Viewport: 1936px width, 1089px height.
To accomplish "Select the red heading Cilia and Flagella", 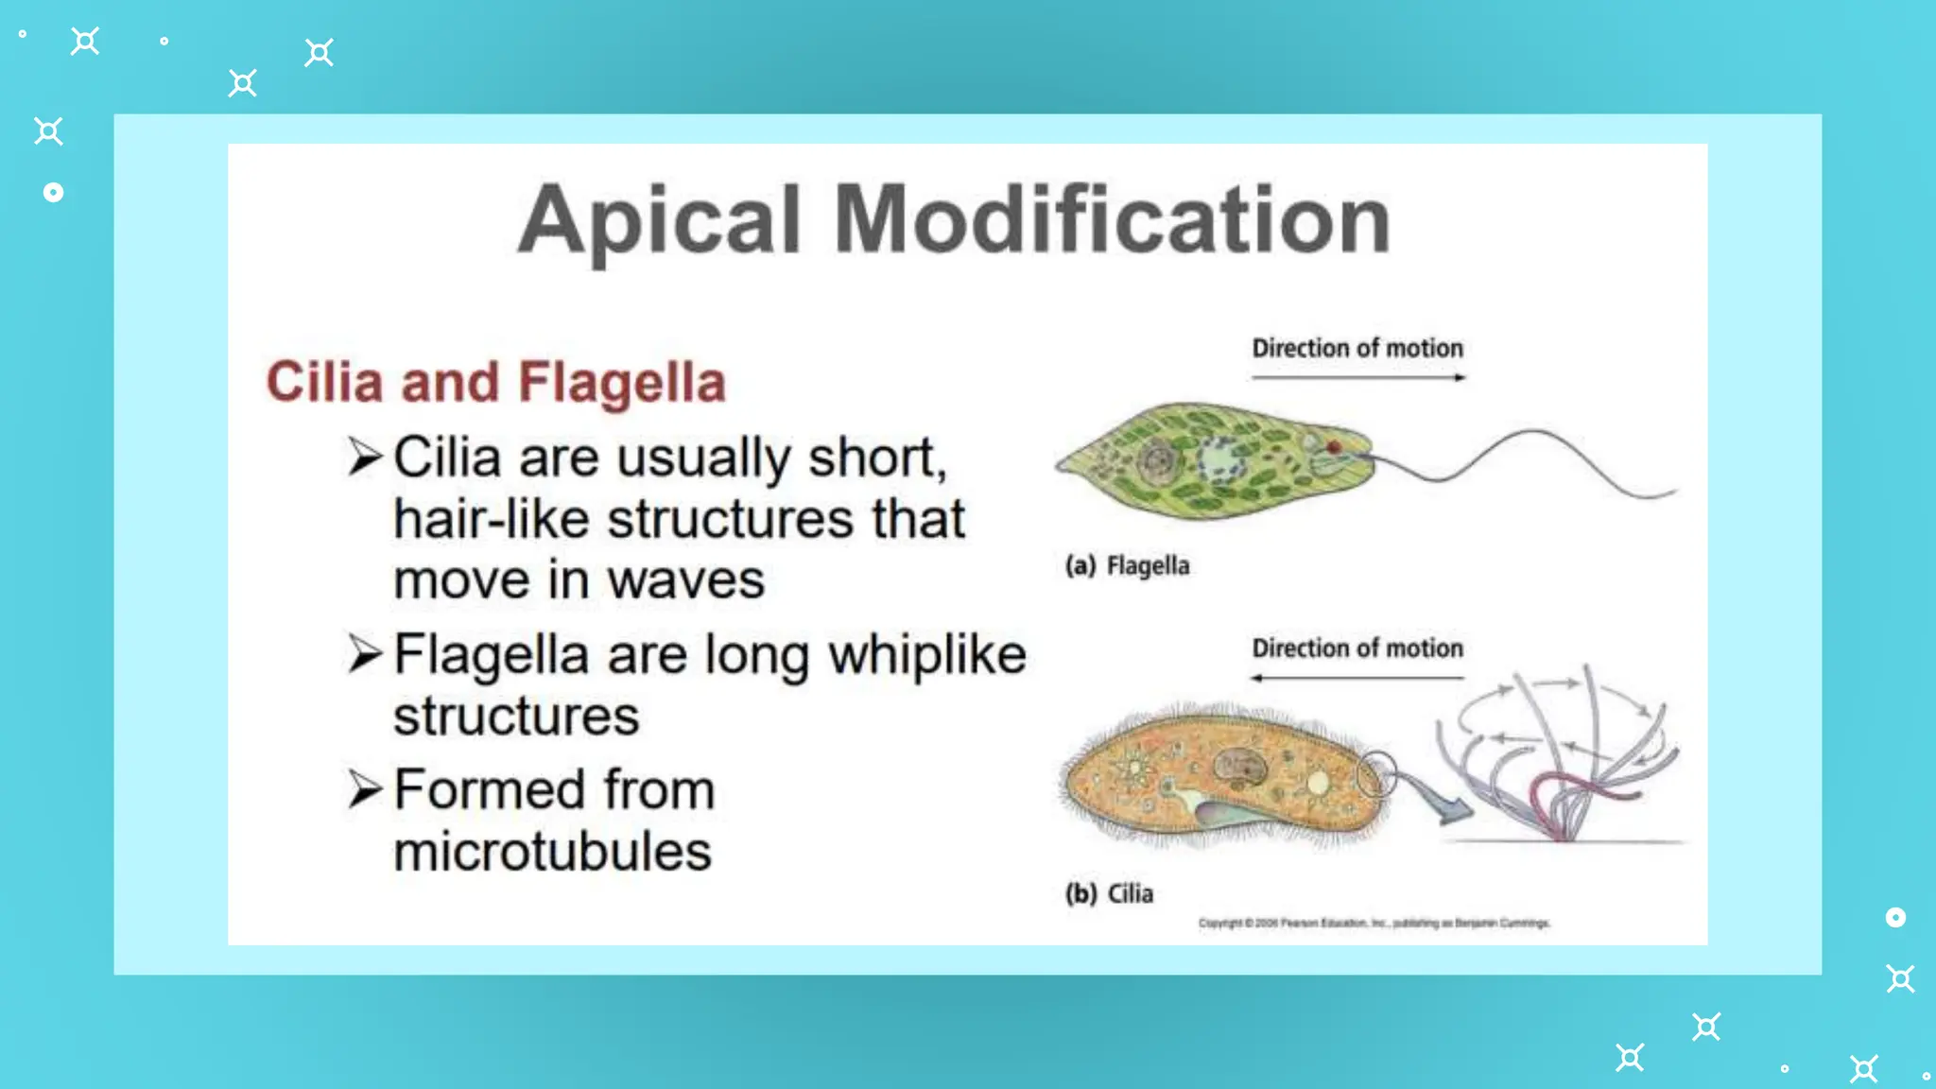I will [x=495, y=382].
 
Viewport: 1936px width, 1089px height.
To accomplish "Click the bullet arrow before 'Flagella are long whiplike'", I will [x=365, y=654].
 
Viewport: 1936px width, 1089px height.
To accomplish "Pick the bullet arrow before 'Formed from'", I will [x=365, y=789].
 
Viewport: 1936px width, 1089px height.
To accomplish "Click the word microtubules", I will [x=552, y=851].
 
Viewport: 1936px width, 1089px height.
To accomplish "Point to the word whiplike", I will [x=927, y=654].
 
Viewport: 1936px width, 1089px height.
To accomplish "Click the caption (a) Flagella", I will [x=1127, y=565].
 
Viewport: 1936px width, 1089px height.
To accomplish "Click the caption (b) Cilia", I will [x=1109, y=893].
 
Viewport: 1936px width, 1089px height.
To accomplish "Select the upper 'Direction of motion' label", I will [x=1357, y=348].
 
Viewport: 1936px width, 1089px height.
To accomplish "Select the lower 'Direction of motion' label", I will [x=1357, y=648].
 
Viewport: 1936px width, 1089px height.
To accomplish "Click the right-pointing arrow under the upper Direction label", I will [x=1358, y=377].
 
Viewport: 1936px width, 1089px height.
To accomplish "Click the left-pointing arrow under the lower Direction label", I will [x=1357, y=678].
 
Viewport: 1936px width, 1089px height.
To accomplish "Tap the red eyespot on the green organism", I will [x=1334, y=447].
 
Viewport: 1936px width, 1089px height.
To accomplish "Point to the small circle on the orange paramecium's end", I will [x=1376, y=775].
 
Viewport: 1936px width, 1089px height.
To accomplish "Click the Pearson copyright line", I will [x=1374, y=923].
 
